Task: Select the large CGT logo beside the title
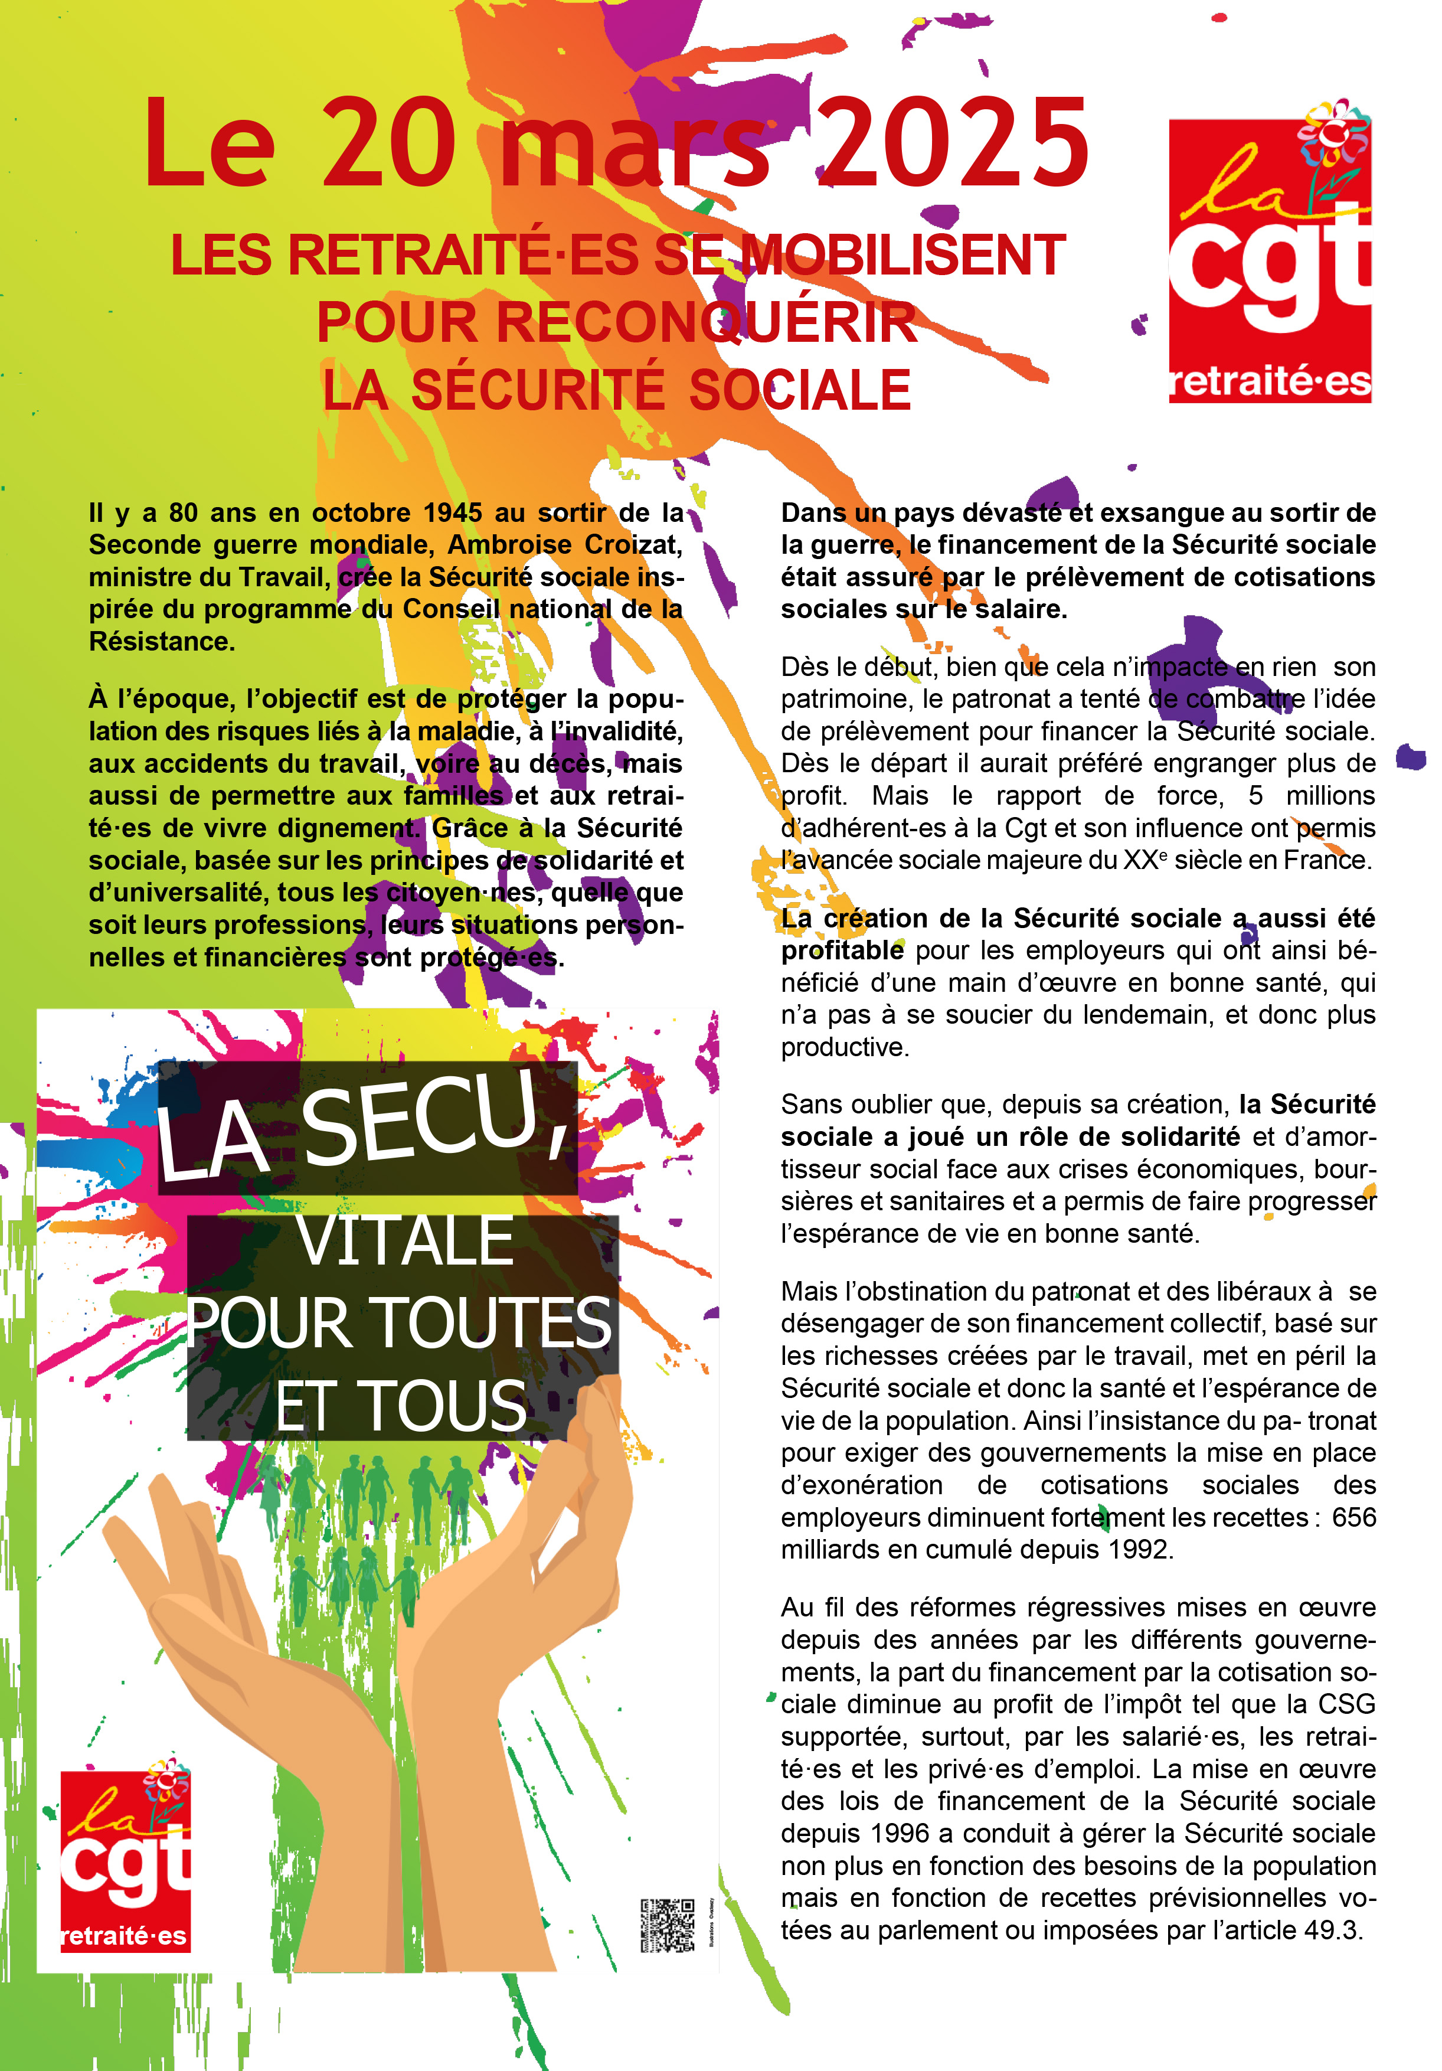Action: coord(1270,261)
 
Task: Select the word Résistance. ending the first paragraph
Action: coord(161,641)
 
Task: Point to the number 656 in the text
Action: coord(1353,1517)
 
